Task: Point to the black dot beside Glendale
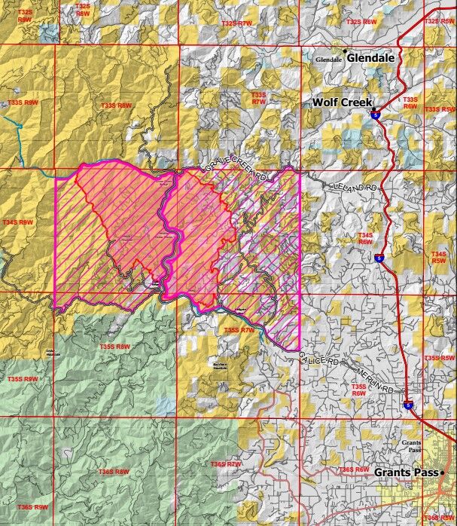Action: (346, 50)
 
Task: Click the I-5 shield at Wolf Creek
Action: (375, 115)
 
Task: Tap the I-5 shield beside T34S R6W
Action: (376, 258)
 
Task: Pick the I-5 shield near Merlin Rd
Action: (408, 406)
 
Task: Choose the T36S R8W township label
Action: (114, 472)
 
